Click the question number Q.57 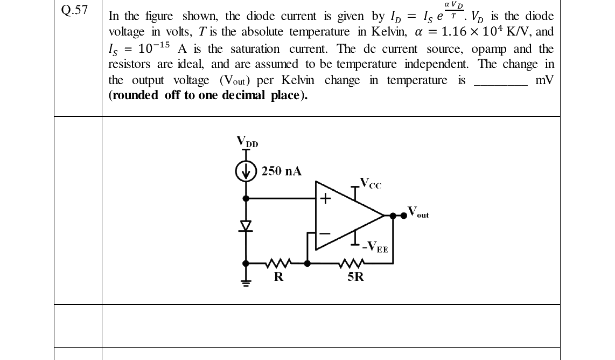click(74, 10)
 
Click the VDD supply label click(247, 141)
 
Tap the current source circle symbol click(246, 171)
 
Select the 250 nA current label click(282, 171)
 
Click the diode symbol click(246, 226)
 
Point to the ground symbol click(246, 282)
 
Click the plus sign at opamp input click(325, 199)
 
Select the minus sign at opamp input click(325, 233)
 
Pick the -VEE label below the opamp click(375, 247)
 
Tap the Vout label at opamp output click(418, 212)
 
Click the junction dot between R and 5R click(307, 264)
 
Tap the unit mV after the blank click(545, 80)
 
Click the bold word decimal click(243, 95)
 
